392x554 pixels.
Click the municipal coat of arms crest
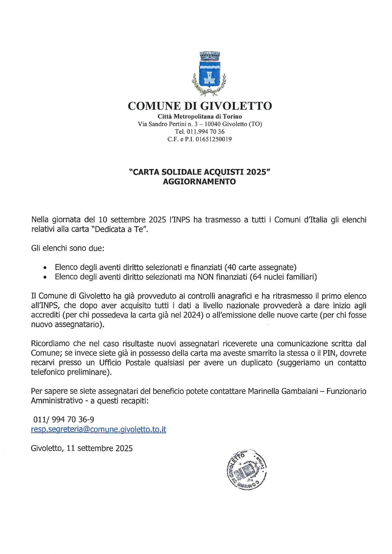coord(208,74)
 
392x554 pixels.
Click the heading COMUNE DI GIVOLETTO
coord(200,106)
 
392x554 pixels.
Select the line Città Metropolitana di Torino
coord(200,117)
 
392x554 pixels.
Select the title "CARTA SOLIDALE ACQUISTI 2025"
coord(199,172)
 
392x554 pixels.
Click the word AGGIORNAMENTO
coord(199,181)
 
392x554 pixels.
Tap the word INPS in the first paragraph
coord(181,220)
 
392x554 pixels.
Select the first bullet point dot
coord(45,268)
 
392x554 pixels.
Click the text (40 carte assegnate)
coord(260,267)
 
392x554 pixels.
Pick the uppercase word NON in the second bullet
coord(205,277)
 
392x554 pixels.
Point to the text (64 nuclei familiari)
coord(283,277)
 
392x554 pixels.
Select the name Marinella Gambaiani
coord(283,391)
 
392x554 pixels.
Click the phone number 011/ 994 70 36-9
coord(64,420)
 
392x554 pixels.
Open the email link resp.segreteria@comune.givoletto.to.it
coord(98,429)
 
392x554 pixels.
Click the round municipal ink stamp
coord(247,469)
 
